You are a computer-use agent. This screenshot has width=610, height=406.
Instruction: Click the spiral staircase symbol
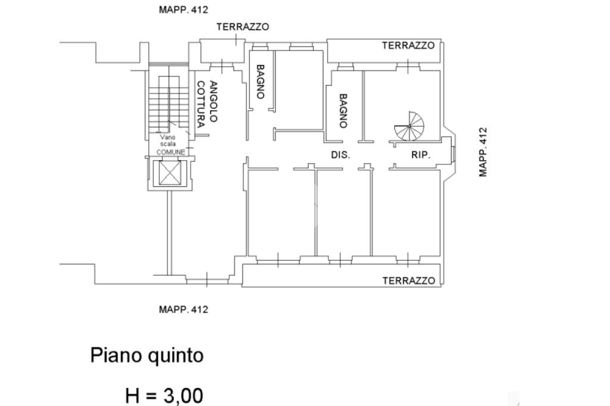pyautogui.click(x=409, y=127)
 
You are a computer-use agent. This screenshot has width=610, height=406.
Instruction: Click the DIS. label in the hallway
pyautogui.click(x=340, y=155)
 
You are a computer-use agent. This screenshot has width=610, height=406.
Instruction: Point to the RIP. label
pyautogui.click(x=421, y=155)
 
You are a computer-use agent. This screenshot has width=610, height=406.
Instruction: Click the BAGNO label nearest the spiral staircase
pyautogui.click(x=343, y=111)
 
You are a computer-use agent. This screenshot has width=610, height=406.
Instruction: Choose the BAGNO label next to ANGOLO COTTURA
pyautogui.click(x=260, y=82)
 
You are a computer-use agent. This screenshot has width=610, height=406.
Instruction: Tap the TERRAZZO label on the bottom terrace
pyautogui.click(x=409, y=281)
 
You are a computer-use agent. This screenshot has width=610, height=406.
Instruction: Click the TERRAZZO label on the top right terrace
pyautogui.click(x=408, y=46)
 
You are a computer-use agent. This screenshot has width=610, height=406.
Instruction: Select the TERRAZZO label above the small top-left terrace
pyautogui.click(x=242, y=27)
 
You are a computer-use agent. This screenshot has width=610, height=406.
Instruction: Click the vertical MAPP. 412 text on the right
pyautogui.click(x=483, y=152)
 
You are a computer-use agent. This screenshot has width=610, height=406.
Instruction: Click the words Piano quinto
pyautogui.click(x=147, y=356)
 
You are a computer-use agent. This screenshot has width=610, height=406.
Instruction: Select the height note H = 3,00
pyautogui.click(x=164, y=395)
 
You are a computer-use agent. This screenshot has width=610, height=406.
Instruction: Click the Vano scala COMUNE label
pyautogui.click(x=170, y=145)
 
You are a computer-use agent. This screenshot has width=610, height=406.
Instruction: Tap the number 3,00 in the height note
pyautogui.click(x=182, y=395)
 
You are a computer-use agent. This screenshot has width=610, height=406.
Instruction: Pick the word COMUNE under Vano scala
pyautogui.click(x=170, y=152)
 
